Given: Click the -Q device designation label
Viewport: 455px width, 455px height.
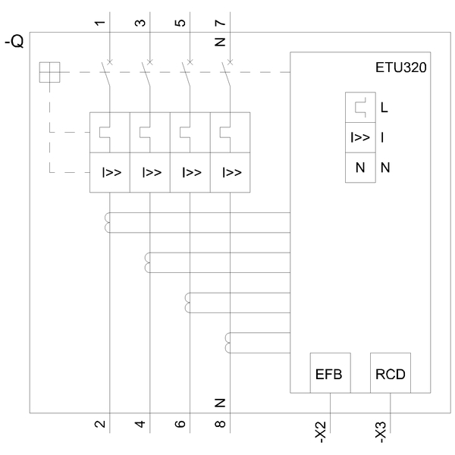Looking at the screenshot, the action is (14, 42).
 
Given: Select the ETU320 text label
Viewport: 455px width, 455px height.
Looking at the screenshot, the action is (400, 67).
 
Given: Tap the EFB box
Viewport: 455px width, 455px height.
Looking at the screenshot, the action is (330, 373).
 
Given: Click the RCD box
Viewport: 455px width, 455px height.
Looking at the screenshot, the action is (391, 373).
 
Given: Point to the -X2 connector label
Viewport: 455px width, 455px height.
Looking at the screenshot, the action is (321, 432).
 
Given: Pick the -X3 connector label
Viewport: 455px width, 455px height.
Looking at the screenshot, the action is (381, 432).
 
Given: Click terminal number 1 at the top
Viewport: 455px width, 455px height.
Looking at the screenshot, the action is (100, 23).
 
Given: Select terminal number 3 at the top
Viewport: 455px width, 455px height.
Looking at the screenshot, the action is (140, 23).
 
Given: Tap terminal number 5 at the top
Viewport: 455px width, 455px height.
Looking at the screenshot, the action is (180, 23).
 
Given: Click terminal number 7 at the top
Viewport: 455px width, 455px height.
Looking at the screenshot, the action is (221, 23).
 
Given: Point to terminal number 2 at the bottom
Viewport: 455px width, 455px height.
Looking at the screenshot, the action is (100, 424).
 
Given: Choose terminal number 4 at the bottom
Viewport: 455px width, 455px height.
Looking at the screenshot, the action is (140, 424).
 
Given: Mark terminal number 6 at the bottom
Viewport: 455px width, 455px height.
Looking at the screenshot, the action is (180, 424).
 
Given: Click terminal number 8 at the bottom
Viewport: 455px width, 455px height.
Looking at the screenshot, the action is (221, 424).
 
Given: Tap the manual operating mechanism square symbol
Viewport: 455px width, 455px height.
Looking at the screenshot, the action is (49, 72).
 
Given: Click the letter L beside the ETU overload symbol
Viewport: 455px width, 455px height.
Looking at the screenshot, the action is (384, 108).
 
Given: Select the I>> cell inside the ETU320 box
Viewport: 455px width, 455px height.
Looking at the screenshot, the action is (360, 137).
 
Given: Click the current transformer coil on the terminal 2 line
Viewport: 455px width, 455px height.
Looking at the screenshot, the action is (107, 222).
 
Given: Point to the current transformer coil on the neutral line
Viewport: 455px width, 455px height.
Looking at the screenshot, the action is (227, 343).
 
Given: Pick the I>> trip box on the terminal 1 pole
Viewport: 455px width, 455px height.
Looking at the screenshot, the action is (110, 172).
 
